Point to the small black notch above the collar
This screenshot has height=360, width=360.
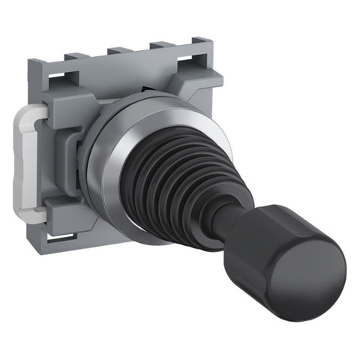pos(142,97)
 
